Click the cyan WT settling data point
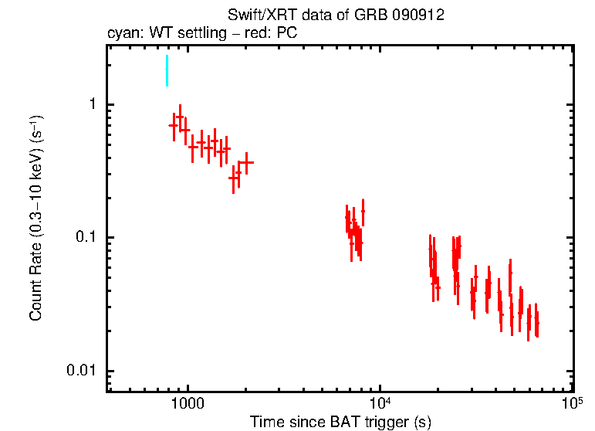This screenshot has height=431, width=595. point(167,71)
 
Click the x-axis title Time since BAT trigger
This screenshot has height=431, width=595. point(340,423)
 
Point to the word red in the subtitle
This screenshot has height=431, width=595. point(260,34)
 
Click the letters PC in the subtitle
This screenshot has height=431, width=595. point(288,34)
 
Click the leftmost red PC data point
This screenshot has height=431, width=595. point(174,125)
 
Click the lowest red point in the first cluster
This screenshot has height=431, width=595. point(233,178)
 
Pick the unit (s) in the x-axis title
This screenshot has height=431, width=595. point(422,423)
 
